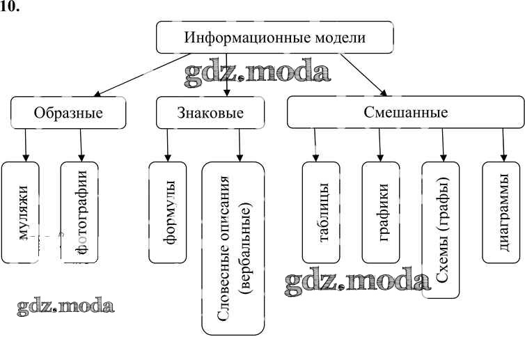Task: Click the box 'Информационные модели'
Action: tap(274, 37)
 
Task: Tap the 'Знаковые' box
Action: tap(210, 112)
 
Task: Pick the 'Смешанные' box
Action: tap(405, 112)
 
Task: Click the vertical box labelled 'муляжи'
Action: tap(25, 212)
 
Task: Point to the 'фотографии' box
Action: tap(79, 212)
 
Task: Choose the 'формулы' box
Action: tap(168, 212)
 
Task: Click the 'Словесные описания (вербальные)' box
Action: tap(233, 247)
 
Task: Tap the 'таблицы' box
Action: tap(321, 212)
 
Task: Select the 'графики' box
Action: tap(381, 212)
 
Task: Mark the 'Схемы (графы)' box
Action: tap(441, 230)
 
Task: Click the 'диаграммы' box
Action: tap(501, 212)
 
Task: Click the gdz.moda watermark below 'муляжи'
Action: tap(65, 306)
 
